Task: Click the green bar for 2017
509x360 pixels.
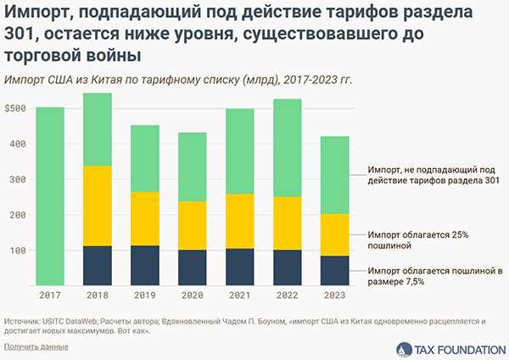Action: click(50, 197)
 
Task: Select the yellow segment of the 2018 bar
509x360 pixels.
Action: click(98, 205)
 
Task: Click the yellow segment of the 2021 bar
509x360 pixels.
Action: click(239, 221)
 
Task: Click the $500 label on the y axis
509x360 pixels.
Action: click(17, 109)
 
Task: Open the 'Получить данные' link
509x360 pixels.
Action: click(36, 346)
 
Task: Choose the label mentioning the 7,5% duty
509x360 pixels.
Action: click(434, 275)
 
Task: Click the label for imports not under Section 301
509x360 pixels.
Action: click(433, 176)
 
